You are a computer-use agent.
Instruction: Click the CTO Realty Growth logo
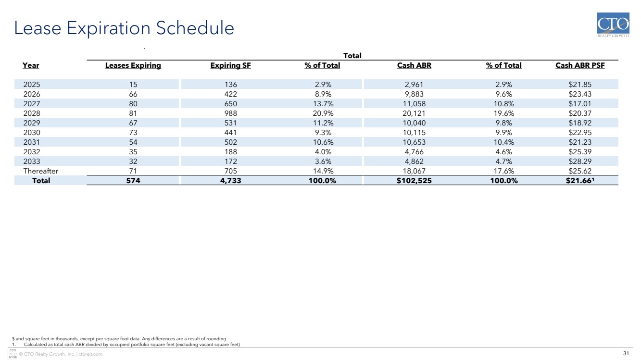[613, 25]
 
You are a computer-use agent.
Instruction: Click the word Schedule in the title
[195, 28]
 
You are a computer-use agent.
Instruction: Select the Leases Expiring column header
[133, 65]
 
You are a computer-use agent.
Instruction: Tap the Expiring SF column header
[231, 65]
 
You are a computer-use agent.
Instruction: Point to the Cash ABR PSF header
[580, 65]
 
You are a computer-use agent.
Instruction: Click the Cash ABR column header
[414, 65]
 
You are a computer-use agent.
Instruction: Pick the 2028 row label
[32, 113]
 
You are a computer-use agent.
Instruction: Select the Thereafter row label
[41, 171]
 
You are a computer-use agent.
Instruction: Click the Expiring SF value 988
[231, 113]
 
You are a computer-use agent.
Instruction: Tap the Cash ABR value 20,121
[414, 113]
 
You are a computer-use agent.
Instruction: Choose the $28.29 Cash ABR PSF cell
[580, 161]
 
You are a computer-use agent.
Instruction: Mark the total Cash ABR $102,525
[414, 180]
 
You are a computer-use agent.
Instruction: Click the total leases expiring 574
[133, 180]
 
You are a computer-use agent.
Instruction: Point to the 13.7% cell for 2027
[323, 103]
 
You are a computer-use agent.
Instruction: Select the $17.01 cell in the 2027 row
[580, 103]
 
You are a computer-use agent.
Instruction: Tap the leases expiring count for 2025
[133, 85]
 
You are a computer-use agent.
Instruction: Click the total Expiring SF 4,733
[231, 180]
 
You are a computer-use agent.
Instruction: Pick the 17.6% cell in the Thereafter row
[503, 171]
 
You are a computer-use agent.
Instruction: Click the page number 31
[626, 353]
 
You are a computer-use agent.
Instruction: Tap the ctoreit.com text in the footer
[90, 354]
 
